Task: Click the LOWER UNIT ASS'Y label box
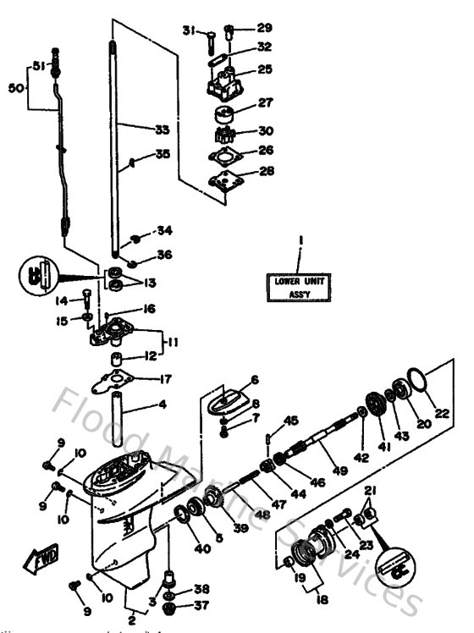click(x=299, y=284)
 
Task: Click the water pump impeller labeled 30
click(x=222, y=132)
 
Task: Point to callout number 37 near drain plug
click(x=201, y=605)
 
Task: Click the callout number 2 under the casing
click(x=131, y=622)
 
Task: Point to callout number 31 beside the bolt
click(x=187, y=30)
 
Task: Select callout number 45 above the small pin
click(x=292, y=421)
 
